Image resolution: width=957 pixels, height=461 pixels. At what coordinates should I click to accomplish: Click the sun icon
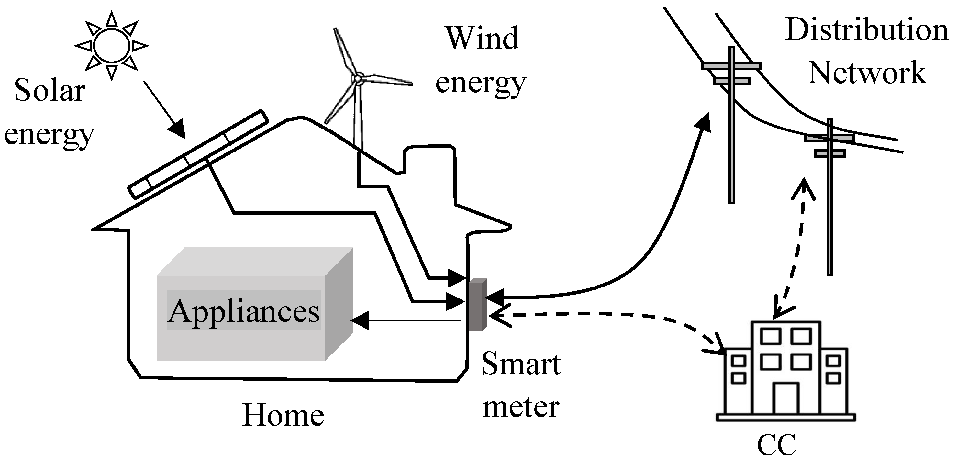(111, 46)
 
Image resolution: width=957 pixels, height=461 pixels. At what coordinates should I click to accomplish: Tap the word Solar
(50, 91)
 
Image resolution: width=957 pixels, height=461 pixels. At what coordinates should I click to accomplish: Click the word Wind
(482, 38)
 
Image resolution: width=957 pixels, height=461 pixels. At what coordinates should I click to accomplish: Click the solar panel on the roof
(198, 154)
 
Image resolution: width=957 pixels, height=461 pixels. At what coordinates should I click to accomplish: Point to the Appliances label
(244, 310)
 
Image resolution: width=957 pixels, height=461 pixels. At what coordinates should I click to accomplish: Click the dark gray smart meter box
(477, 304)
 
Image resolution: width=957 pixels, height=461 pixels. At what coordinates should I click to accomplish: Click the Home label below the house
(283, 415)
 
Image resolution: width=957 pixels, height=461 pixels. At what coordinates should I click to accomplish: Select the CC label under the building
(776, 445)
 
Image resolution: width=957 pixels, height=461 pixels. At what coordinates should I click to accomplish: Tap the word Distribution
(867, 30)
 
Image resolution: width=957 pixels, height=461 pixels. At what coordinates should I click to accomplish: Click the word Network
(867, 73)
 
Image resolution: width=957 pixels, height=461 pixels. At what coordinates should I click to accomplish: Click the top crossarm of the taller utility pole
(731, 66)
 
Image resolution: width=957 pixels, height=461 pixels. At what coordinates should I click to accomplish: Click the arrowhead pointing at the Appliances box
(359, 320)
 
